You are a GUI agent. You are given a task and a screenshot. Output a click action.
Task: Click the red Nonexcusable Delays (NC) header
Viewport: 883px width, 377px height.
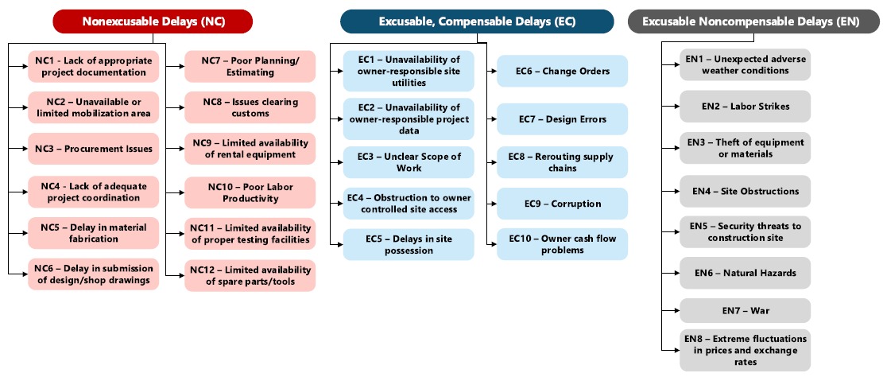tap(153, 21)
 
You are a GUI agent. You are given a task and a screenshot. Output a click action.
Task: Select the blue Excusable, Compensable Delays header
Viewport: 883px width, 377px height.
tap(477, 21)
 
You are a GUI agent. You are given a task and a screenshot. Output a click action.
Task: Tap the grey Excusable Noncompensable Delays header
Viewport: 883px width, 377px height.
tap(754, 21)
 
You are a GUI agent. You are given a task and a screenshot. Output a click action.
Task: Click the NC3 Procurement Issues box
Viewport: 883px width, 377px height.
tap(94, 149)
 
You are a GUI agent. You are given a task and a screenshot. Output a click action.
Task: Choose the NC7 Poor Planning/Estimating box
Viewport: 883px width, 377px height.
tap(250, 67)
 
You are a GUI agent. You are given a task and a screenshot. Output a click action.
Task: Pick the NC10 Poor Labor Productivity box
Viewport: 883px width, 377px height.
tap(250, 192)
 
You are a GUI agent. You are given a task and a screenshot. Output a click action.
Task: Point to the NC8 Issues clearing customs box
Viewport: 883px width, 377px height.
tap(250, 107)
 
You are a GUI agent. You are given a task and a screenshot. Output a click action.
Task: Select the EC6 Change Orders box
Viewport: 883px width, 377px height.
tap(562, 71)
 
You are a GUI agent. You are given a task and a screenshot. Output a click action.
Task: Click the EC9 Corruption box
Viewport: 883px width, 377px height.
tap(562, 204)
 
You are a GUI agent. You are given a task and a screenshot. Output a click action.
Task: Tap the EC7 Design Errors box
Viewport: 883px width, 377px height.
tap(562, 119)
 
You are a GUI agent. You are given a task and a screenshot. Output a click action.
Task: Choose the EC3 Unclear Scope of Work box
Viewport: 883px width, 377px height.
tap(409, 162)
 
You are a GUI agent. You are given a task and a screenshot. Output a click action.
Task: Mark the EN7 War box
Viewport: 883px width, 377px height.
tap(745, 310)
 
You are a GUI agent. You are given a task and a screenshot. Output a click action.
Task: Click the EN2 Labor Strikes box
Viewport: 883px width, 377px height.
tap(745, 106)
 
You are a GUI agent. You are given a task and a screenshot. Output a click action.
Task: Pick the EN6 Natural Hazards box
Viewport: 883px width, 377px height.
tap(745, 273)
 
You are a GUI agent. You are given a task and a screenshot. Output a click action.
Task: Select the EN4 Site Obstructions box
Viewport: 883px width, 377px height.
tap(745, 191)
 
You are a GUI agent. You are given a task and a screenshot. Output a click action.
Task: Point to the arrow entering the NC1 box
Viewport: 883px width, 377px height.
tap(18, 66)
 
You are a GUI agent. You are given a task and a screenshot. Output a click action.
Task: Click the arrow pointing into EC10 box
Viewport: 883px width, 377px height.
tap(492, 244)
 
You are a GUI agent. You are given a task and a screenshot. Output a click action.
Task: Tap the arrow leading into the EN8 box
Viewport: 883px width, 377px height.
tap(670, 350)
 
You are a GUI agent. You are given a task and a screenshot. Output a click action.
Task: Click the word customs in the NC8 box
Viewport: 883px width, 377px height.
tap(250, 113)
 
